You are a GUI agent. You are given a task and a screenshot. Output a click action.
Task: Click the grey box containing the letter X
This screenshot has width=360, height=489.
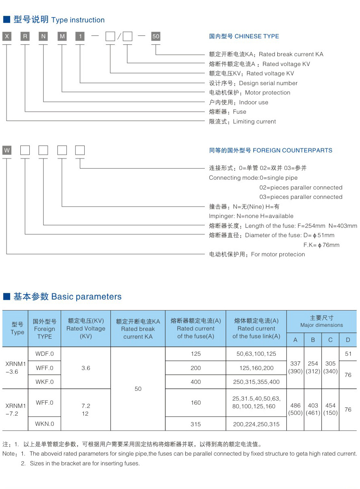7,36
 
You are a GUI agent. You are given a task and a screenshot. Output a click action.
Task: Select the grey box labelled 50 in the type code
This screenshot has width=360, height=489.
156,36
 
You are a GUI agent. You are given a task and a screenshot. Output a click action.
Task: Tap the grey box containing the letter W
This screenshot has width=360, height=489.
7,150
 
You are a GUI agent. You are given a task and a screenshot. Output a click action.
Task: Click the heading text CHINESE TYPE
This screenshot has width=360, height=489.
257,36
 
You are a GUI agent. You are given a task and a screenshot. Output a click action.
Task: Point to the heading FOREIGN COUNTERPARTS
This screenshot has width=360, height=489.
292,150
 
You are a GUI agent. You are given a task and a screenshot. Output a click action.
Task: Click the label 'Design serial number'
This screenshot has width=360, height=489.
268,83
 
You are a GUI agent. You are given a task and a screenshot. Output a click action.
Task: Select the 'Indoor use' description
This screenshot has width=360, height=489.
253,102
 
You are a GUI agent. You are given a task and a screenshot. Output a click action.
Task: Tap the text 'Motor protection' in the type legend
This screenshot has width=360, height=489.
268,93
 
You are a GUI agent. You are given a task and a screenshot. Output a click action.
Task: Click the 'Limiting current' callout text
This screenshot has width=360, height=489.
254,121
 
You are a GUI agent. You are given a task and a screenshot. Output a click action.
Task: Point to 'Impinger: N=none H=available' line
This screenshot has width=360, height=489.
251,216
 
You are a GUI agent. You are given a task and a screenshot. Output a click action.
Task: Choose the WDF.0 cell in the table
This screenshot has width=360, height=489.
44,354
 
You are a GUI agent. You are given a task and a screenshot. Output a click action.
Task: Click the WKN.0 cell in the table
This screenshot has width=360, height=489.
44,423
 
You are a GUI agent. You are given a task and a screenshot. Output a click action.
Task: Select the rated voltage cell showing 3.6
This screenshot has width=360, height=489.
86,368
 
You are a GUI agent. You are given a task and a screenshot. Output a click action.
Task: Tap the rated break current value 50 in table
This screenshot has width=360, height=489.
138,389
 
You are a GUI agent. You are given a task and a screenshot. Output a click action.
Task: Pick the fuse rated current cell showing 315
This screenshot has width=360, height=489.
195,424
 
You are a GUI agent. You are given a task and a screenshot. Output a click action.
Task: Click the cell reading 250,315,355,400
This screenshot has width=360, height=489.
256,382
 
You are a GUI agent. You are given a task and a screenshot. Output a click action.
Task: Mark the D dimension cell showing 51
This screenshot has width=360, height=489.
348,354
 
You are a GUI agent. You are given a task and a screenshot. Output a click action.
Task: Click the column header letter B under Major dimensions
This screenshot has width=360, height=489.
313,340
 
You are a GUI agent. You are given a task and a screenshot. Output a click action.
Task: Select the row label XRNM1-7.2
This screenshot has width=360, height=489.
15,410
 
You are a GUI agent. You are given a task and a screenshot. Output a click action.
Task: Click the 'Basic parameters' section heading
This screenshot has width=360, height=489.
86,297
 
